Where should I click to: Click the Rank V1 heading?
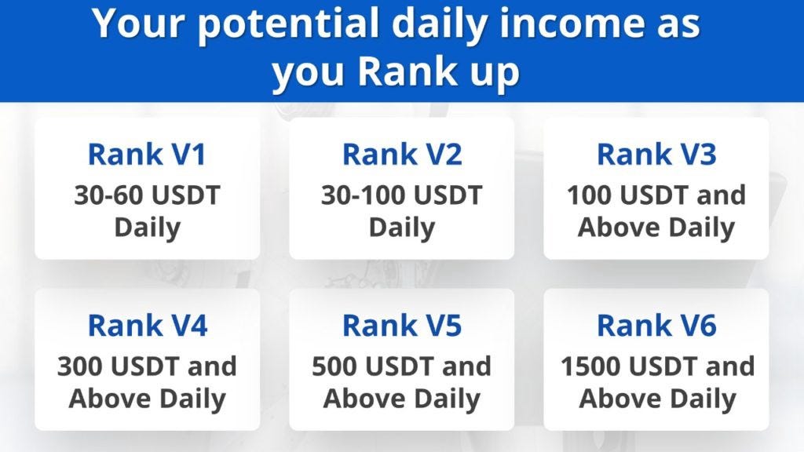click(147, 154)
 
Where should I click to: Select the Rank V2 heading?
click(402, 154)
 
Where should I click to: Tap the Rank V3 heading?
click(656, 154)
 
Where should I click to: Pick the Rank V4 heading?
click(147, 325)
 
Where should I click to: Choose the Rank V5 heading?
click(402, 325)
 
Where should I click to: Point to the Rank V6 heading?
click(656, 325)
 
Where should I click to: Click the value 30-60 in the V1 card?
click(110, 195)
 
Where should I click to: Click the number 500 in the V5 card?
click(334, 366)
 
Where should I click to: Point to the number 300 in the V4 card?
click(80, 366)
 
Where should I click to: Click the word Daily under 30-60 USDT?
click(147, 228)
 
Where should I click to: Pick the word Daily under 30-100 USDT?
click(402, 228)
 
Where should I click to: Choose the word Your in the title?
click(137, 22)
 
